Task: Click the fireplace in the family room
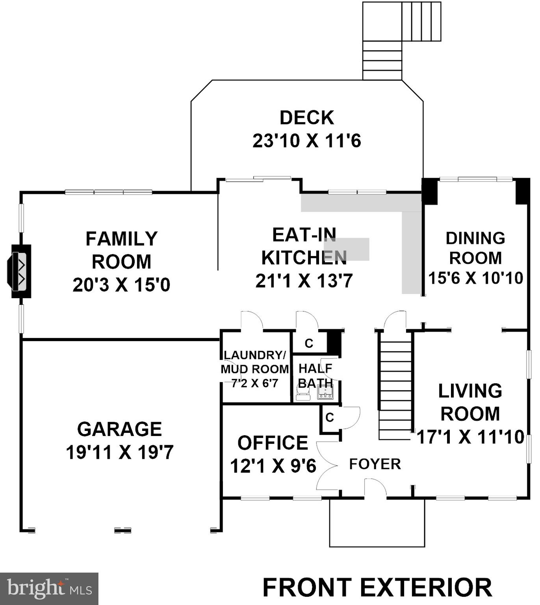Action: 19,271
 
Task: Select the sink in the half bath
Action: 325,392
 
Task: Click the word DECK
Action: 307,118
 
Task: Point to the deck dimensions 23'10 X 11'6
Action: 307,141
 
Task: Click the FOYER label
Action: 375,464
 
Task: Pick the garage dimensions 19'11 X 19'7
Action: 119,452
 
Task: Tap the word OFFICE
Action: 273,443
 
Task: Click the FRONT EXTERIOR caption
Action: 377,587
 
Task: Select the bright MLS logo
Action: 49,588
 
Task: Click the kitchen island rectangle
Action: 347,249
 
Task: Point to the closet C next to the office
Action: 329,418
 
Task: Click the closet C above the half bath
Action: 309,343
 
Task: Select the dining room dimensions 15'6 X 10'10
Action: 475,278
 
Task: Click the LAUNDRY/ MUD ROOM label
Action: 255,362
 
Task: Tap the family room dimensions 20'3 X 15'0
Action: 121,285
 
